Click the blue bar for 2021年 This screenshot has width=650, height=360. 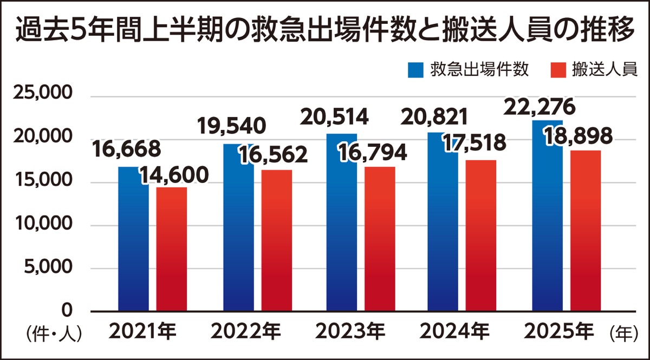[133, 244]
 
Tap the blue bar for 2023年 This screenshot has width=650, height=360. [341, 227]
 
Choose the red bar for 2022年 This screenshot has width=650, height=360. [276, 244]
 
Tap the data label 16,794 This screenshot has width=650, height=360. [373, 153]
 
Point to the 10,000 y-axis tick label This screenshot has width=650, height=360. [43, 224]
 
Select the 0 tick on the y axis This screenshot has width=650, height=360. [67, 311]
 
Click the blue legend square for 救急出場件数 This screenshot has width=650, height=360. [415, 70]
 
